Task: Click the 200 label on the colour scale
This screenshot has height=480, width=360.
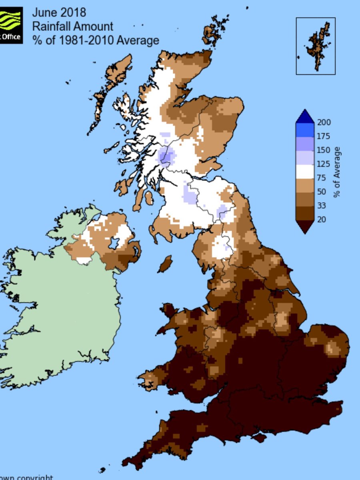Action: (x=324, y=122)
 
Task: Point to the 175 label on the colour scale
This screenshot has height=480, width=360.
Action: (x=324, y=136)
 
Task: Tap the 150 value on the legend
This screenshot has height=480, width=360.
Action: (x=324, y=150)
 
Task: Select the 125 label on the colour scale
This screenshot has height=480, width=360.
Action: (x=324, y=164)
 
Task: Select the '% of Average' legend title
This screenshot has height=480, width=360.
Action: (x=337, y=172)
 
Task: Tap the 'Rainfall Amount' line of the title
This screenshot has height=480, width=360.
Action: (x=73, y=26)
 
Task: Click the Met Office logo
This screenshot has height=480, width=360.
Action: (x=11, y=25)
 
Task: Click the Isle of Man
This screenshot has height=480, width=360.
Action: (x=165, y=264)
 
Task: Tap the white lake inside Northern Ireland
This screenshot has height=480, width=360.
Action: (x=114, y=243)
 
